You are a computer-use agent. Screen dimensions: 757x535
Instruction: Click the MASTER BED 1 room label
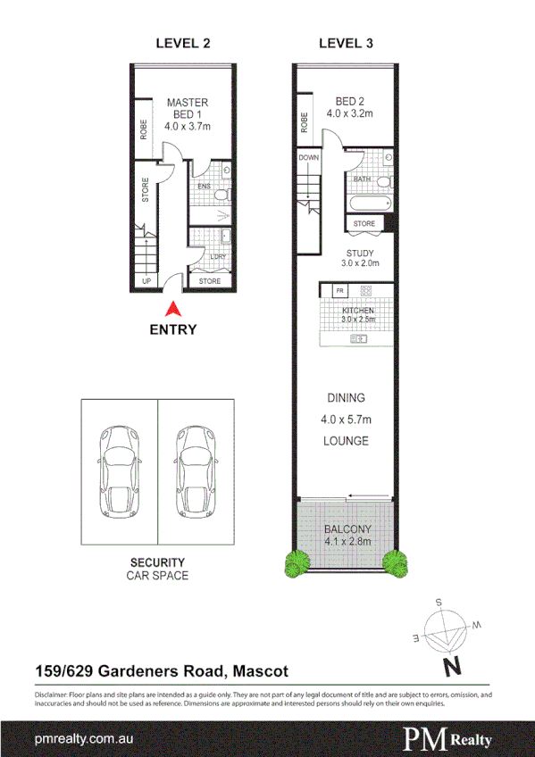188,114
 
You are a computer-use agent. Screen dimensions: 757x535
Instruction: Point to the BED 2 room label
348,107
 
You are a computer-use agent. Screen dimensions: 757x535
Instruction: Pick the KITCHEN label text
358,310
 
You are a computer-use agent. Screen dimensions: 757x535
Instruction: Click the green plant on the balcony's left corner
297,562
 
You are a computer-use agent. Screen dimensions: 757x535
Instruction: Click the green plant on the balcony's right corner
393,562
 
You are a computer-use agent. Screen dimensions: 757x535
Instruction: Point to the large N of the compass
453,666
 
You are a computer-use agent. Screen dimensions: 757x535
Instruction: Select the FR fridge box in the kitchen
339,291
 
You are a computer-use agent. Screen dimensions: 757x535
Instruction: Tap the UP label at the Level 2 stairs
144,281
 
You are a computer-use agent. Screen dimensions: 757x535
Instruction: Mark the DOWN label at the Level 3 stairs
308,157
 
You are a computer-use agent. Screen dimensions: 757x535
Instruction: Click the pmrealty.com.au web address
84,739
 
